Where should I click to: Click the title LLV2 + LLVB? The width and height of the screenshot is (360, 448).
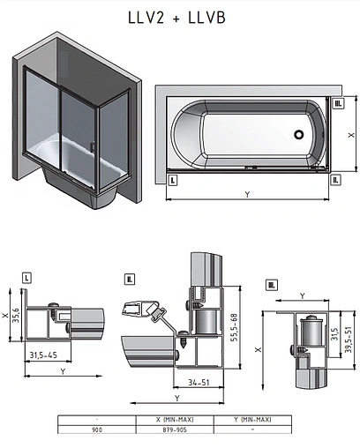[x=176, y=18]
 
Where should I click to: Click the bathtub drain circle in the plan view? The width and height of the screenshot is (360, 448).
[x=299, y=134]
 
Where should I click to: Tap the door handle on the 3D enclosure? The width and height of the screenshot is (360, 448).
[x=93, y=146]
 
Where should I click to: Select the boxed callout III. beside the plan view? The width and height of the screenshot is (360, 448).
[x=338, y=103]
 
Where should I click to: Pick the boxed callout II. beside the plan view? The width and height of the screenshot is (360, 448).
[x=335, y=180]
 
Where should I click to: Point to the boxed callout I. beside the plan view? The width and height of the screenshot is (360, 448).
[x=172, y=180]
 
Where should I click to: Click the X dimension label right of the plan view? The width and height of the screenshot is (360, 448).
[x=351, y=135]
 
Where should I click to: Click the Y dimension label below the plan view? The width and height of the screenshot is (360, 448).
[x=247, y=194]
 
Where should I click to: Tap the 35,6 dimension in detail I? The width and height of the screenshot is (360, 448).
[x=16, y=315]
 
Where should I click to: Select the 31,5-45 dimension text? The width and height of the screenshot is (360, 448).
[x=43, y=355]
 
